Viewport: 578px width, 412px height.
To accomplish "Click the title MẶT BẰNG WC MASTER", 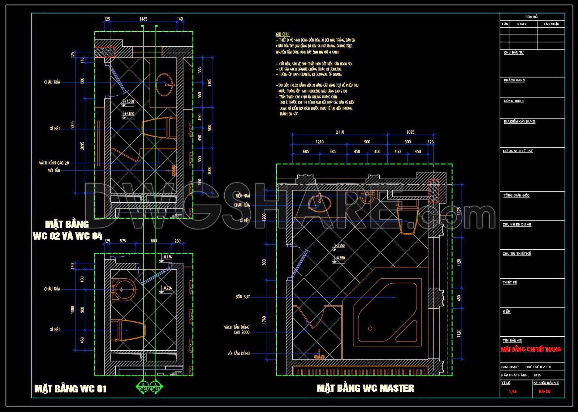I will [365, 388].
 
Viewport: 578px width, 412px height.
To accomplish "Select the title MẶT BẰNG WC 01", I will [70, 389].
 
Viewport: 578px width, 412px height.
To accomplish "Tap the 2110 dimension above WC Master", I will [340, 132].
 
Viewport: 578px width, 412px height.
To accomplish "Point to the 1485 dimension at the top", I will [143, 19].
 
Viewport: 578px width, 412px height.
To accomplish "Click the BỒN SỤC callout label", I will [242, 297].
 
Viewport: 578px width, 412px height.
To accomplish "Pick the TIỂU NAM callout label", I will [242, 196].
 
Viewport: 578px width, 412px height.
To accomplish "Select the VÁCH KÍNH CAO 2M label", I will [54, 163].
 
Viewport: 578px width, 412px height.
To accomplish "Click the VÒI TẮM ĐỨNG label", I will [238, 353].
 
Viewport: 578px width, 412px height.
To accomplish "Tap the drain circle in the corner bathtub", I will [370, 329].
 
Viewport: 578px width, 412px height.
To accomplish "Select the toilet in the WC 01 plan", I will [128, 330].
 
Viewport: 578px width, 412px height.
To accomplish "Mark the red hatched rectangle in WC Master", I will [433, 190].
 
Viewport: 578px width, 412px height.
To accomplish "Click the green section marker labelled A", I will [156, 387].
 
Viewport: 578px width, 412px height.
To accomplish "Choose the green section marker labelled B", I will [143, 387].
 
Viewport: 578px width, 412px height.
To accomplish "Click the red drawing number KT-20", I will [544, 391].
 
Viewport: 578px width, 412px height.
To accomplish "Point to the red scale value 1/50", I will [513, 392].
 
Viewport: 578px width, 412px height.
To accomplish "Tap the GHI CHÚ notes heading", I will [282, 34].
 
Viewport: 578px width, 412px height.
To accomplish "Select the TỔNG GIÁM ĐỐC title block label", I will [517, 196].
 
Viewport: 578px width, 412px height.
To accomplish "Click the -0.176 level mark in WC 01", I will [167, 257].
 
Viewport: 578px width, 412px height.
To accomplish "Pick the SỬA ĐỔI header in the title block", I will [532, 17].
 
